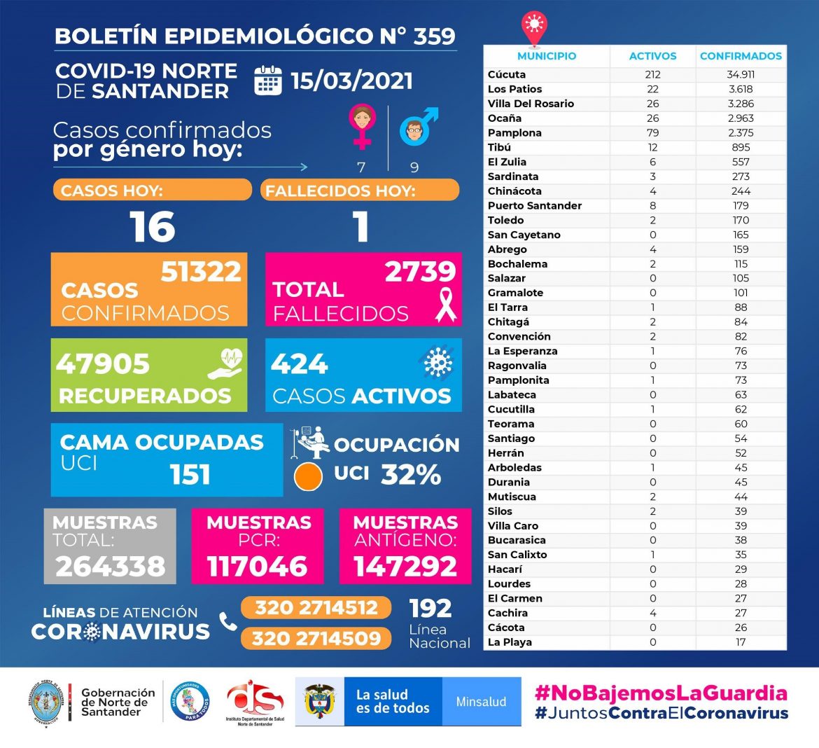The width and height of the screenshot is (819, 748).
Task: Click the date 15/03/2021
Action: click(x=351, y=81)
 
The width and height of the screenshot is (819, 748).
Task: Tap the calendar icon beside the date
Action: click(x=267, y=81)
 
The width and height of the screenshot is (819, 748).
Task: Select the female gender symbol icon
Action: click(x=361, y=126)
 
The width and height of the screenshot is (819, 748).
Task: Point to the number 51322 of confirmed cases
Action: click(x=201, y=272)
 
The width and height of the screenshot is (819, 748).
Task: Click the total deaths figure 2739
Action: click(x=420, y=272)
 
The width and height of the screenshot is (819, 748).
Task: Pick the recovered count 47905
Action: click(x=103, y=364)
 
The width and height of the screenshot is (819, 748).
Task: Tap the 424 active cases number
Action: click(x=299, y=364)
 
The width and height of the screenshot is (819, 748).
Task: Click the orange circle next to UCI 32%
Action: click(x=308, y=476)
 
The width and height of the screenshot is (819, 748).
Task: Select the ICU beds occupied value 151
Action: click(x=190, y=475)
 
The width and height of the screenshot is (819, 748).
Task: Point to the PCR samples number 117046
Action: click(x=257, y=566)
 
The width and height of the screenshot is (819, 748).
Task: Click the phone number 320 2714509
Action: click(x=316, y=638)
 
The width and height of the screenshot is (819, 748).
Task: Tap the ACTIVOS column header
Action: click(x=652, y=56)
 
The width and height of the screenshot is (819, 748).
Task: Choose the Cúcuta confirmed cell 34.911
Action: click(x=741, y=74)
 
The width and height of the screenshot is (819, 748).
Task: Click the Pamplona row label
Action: click(x=514, y=132)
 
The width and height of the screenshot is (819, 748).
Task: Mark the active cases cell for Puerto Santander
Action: click(x=652, y=205)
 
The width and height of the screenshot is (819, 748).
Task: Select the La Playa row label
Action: click(x=510, y=642)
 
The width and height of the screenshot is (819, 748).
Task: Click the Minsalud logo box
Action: click(x=481, y=701)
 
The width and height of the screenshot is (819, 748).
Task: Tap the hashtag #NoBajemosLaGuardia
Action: click(x=661, y=693)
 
